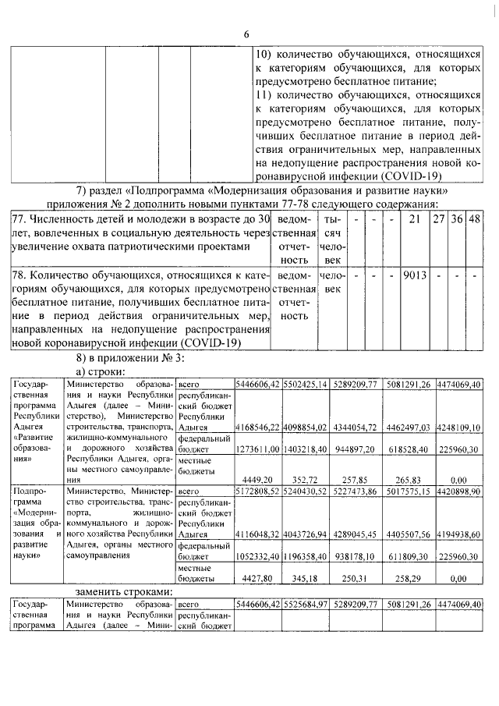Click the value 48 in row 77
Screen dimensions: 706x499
474,219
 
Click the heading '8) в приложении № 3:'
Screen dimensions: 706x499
131,358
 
